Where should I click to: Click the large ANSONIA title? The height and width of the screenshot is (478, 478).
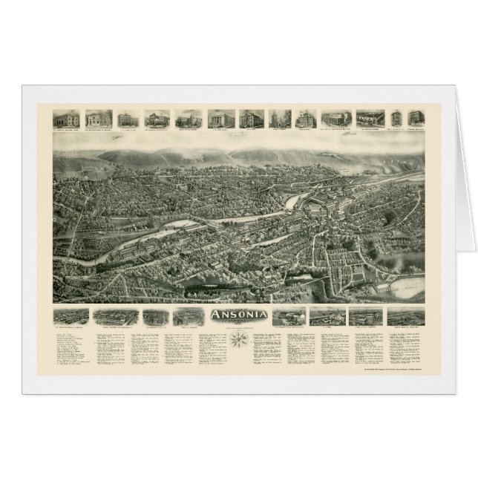238,313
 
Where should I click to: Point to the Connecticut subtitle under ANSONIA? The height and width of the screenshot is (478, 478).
238,321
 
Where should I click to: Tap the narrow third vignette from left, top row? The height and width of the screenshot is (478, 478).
124,119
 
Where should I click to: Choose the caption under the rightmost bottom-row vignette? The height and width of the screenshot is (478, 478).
406,327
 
